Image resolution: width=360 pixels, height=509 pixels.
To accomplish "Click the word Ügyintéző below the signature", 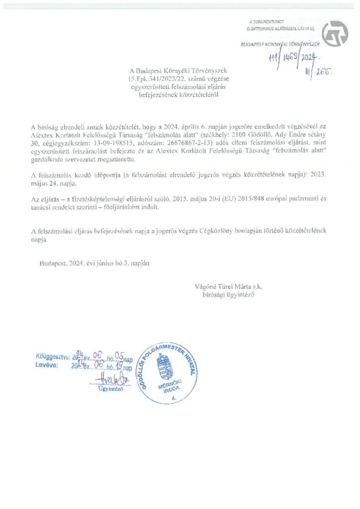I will (110, 389).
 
